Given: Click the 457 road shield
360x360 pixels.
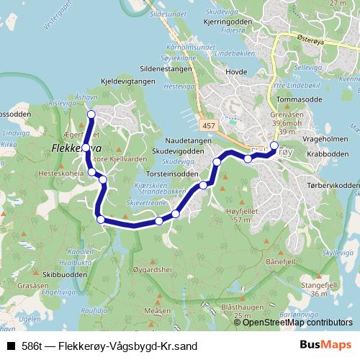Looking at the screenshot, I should (x=207, y=126).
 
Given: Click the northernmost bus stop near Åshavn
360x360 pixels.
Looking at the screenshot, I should (x=91, y=114).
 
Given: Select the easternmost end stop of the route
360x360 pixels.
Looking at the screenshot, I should (x=274, y=145).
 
